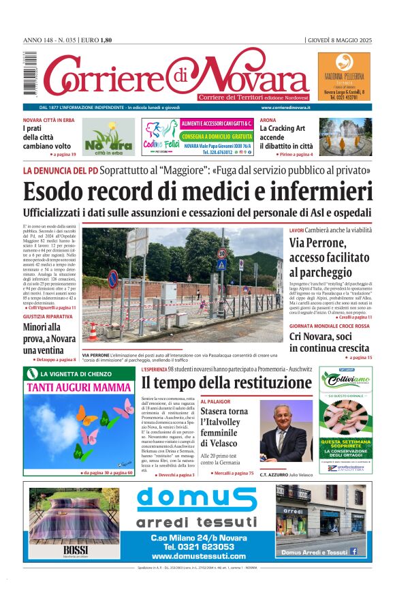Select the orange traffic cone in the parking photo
tap(93, 332)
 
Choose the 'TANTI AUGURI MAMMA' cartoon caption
tap(80, 388)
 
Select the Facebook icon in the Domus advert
tap(353, 551)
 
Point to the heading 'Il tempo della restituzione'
tap(217, 382)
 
